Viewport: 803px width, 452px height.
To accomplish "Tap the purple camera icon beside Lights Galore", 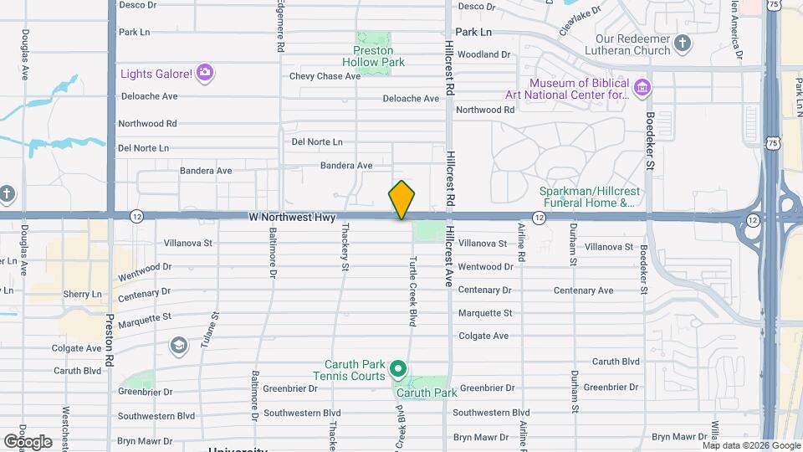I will (205, 74).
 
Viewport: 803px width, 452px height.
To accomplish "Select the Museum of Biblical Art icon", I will (642, 87).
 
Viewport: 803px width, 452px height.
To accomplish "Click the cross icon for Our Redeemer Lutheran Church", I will (683, 44).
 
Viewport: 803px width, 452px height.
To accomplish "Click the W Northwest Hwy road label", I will (292, 217).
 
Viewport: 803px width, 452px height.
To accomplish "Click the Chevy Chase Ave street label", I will (325, 76).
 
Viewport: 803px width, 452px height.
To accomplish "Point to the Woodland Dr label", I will (483, 54).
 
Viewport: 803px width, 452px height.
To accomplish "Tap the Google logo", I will (28, 441).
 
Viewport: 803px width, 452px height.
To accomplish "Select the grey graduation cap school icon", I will (178, 345).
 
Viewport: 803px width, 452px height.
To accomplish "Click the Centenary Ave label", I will (583, 290).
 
